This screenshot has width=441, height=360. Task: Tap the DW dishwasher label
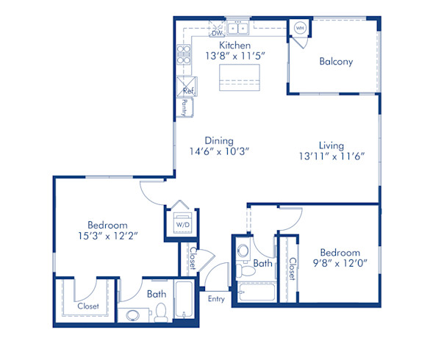click(217, 33)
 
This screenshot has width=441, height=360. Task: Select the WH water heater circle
click(300, 28)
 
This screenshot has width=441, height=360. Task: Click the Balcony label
click(336, 62)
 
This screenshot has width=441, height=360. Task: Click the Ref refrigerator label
click(188, 92)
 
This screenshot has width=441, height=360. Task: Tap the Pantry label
click(184, 107)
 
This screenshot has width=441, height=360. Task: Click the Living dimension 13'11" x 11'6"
click(332, 156)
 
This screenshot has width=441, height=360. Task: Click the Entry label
click(216, 298)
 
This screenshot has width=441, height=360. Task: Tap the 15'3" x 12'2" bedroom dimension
click(107, 236)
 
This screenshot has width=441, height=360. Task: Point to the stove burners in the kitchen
click(183, 54)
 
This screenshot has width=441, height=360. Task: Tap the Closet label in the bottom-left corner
click(88, 306)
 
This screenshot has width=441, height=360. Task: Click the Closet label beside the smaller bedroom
click(292, 268)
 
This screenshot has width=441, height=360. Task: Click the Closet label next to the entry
click(193, 259)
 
